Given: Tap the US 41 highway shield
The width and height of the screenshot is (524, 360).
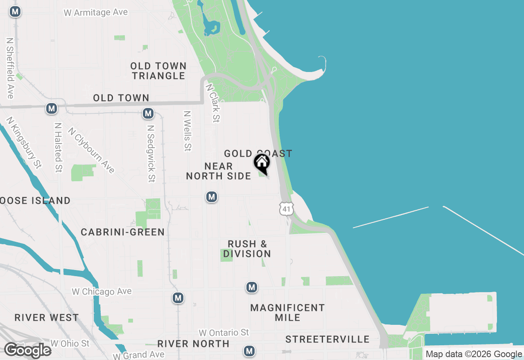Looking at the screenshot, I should (286, 209).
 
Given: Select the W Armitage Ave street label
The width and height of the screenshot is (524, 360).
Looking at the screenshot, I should (96, 13).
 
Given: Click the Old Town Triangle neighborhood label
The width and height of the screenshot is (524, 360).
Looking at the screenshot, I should (158, 71).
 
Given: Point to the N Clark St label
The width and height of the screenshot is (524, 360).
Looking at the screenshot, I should (213, 103).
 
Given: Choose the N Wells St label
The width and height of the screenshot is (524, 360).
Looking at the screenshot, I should (187, 131).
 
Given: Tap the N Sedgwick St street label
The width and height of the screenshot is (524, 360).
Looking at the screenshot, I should (151, 153).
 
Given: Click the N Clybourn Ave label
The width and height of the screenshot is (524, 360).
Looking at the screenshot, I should (91, 150).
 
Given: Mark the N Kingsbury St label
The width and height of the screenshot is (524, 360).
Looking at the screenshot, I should (24, 143).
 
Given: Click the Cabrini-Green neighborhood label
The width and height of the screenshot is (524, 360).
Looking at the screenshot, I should (123, 232).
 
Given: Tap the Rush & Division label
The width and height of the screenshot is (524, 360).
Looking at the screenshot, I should (247, 249).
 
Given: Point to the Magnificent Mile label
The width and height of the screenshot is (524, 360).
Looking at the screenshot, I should (287, 312).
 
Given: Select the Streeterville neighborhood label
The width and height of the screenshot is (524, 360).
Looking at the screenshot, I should (327, 339).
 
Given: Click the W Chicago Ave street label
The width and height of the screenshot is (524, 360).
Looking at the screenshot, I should (102, 291).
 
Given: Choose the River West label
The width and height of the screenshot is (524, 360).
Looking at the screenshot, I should (46, 317).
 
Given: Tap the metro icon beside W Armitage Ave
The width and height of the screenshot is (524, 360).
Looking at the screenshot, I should (15, 12).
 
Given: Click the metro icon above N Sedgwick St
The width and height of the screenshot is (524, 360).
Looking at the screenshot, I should (148, 113).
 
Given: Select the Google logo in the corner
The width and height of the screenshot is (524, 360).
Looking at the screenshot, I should (27, 350).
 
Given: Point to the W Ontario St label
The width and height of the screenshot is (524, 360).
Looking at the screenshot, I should (224, 332).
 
